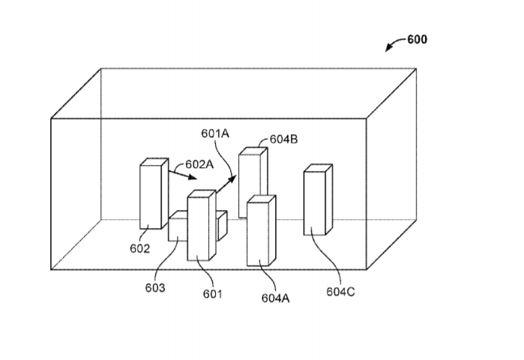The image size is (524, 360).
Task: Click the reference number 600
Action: [x=417, y=40]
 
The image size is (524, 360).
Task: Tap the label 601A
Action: [x=215, y=133]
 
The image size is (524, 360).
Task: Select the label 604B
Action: [x=283, y=139]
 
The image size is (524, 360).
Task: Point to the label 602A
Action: [x=199, y=164]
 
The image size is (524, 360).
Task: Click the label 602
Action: [x=139, y=249]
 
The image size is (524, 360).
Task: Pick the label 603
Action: [x=155, y=288]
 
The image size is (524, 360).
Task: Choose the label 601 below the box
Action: [x=213, y=294]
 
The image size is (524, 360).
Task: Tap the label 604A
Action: [x=275, y=298]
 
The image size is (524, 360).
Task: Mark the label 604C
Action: [x=340, y=292]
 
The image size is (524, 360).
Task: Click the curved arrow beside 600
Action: [x=394, y=42]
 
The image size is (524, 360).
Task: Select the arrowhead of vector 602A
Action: [x=193, y=177]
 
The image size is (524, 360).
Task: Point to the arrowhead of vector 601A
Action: [x=232, y=178]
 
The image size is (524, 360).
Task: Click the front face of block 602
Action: [x=151, y=197]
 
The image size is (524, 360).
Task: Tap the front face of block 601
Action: [x=198, y=229]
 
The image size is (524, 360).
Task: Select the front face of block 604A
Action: [x=258, y=234]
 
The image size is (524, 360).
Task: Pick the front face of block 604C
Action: [x=314, y=203]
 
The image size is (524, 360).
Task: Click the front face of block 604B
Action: [x=250, y=186]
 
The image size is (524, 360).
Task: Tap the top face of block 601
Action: [x=202, y=193]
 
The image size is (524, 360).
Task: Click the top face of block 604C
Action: [x=318, y=168]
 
